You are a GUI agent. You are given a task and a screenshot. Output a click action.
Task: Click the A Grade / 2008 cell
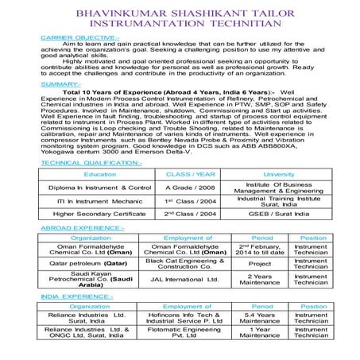click(x=190, y=187)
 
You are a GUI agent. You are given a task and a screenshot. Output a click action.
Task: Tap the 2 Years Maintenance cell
click(x=260, y=280)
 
